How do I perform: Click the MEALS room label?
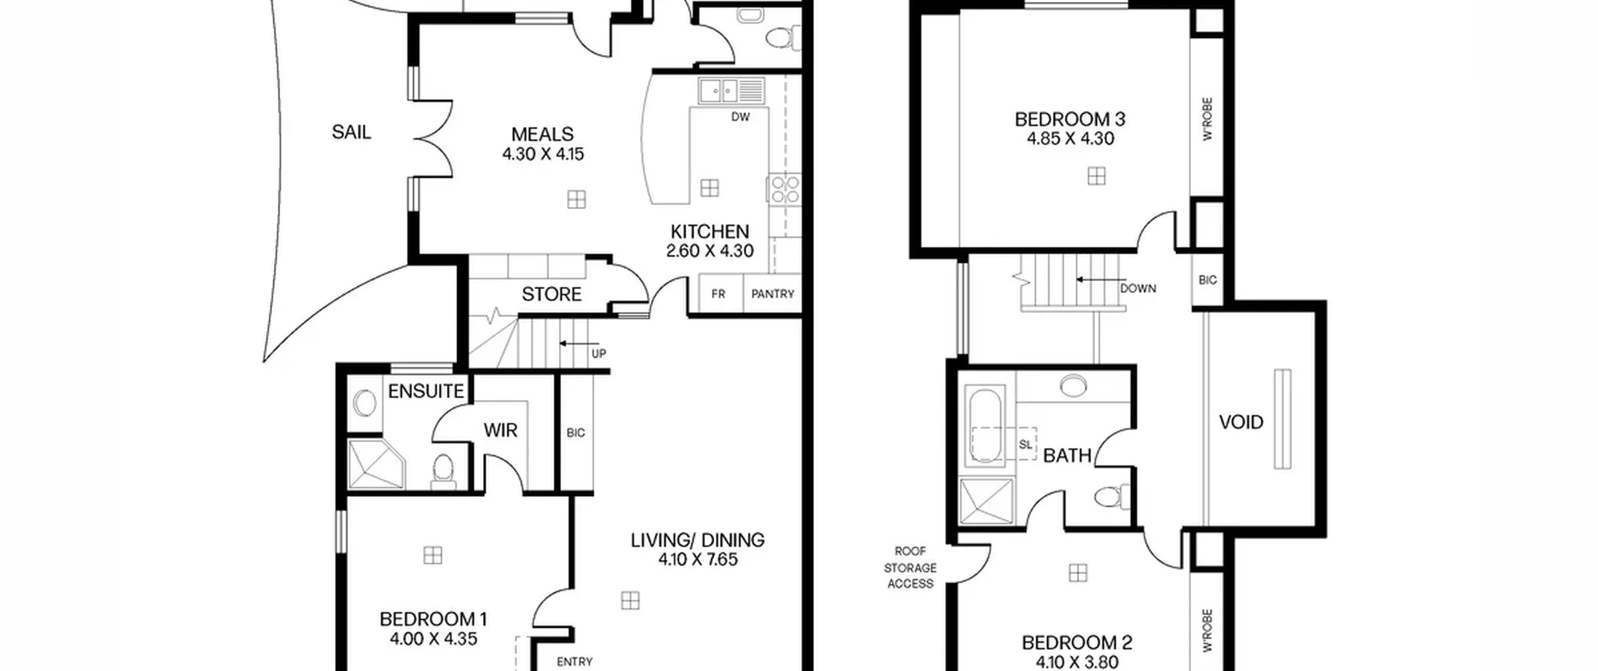(542, 134)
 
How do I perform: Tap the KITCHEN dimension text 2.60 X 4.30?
(710, 251)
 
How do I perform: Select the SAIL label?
(351, 132)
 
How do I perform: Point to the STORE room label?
(551, 294)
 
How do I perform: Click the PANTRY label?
(773, 294)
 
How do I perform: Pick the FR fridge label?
(718, 294)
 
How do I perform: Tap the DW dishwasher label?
(740, 117)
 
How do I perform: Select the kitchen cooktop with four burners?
(784, 189)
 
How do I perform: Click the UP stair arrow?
(579, 343)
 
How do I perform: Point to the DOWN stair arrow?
(1101, 280)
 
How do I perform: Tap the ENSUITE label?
(426, 391)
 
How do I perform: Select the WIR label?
(500, 430)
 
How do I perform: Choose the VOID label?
(1241, 423)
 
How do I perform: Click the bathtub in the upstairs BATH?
(985, 426)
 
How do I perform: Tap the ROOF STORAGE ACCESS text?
(911, 567)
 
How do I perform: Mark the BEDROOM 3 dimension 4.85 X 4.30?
(1071, 139)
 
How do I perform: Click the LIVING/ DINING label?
(697, 540)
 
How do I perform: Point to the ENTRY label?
(574, 662)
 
